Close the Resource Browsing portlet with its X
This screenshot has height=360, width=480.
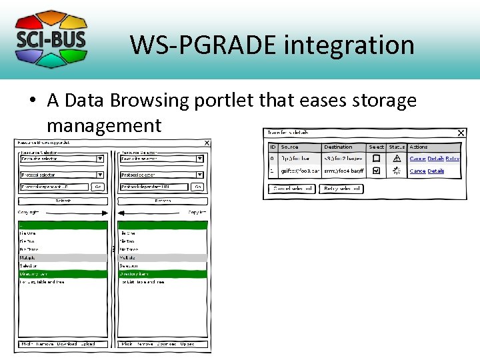coord(207,143)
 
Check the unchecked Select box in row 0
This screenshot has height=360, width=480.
coord(377,159)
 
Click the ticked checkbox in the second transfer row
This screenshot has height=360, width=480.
coord(377,171)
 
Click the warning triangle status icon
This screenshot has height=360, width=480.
coord(397,159)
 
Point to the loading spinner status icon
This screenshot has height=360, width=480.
coord(397,171)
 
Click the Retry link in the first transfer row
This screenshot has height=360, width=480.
coord(453,159)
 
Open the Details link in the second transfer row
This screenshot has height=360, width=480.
coord(436,171)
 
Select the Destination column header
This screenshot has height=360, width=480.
coord(338,147)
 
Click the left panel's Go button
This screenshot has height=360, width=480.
coord(98,187)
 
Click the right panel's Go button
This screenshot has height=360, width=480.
coord(198,187)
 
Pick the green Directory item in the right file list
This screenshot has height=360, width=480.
coord(163,273)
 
